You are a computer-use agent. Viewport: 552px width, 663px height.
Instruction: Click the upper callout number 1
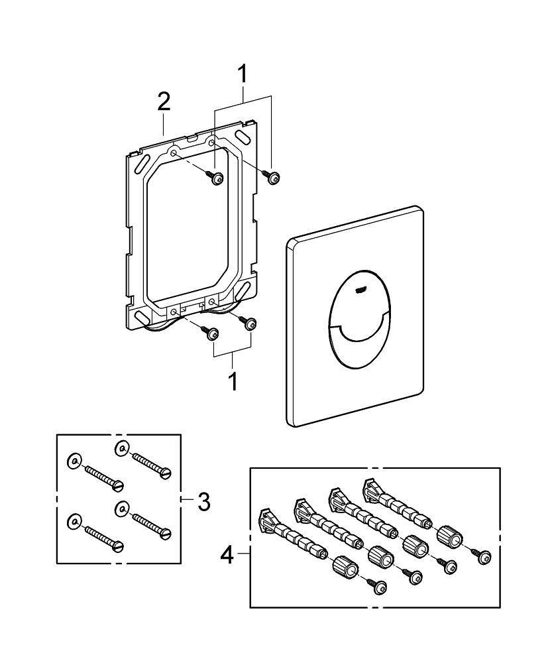click(x=243, y=74)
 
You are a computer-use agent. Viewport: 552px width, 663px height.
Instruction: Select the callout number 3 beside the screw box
click(x=204, y=501)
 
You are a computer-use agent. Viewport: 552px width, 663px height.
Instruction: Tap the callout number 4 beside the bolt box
click(x=227, y=554)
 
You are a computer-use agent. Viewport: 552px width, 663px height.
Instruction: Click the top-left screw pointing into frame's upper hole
click(x=216, y=177)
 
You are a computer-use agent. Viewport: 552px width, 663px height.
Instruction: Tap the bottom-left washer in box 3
click(x=74, y=521)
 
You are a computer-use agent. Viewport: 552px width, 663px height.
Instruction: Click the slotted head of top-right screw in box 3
click(x=167, y=472)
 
